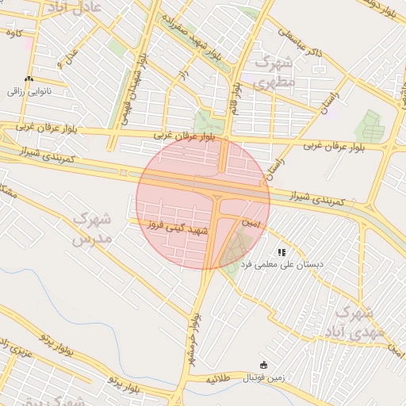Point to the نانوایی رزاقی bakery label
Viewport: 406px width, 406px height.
[x=29, y=91]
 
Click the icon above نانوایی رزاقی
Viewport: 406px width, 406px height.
[x=29, y=79]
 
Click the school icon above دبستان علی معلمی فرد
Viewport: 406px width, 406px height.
[x=282, y=253]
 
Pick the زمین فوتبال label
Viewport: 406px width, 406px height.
[x=264, y=377]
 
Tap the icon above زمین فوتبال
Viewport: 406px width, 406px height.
[x=264, y=366]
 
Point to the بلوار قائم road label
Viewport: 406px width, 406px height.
[x=235, y=99]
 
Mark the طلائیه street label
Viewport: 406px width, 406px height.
[x=219, y=380]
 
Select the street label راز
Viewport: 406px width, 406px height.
[x=183, y=74]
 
